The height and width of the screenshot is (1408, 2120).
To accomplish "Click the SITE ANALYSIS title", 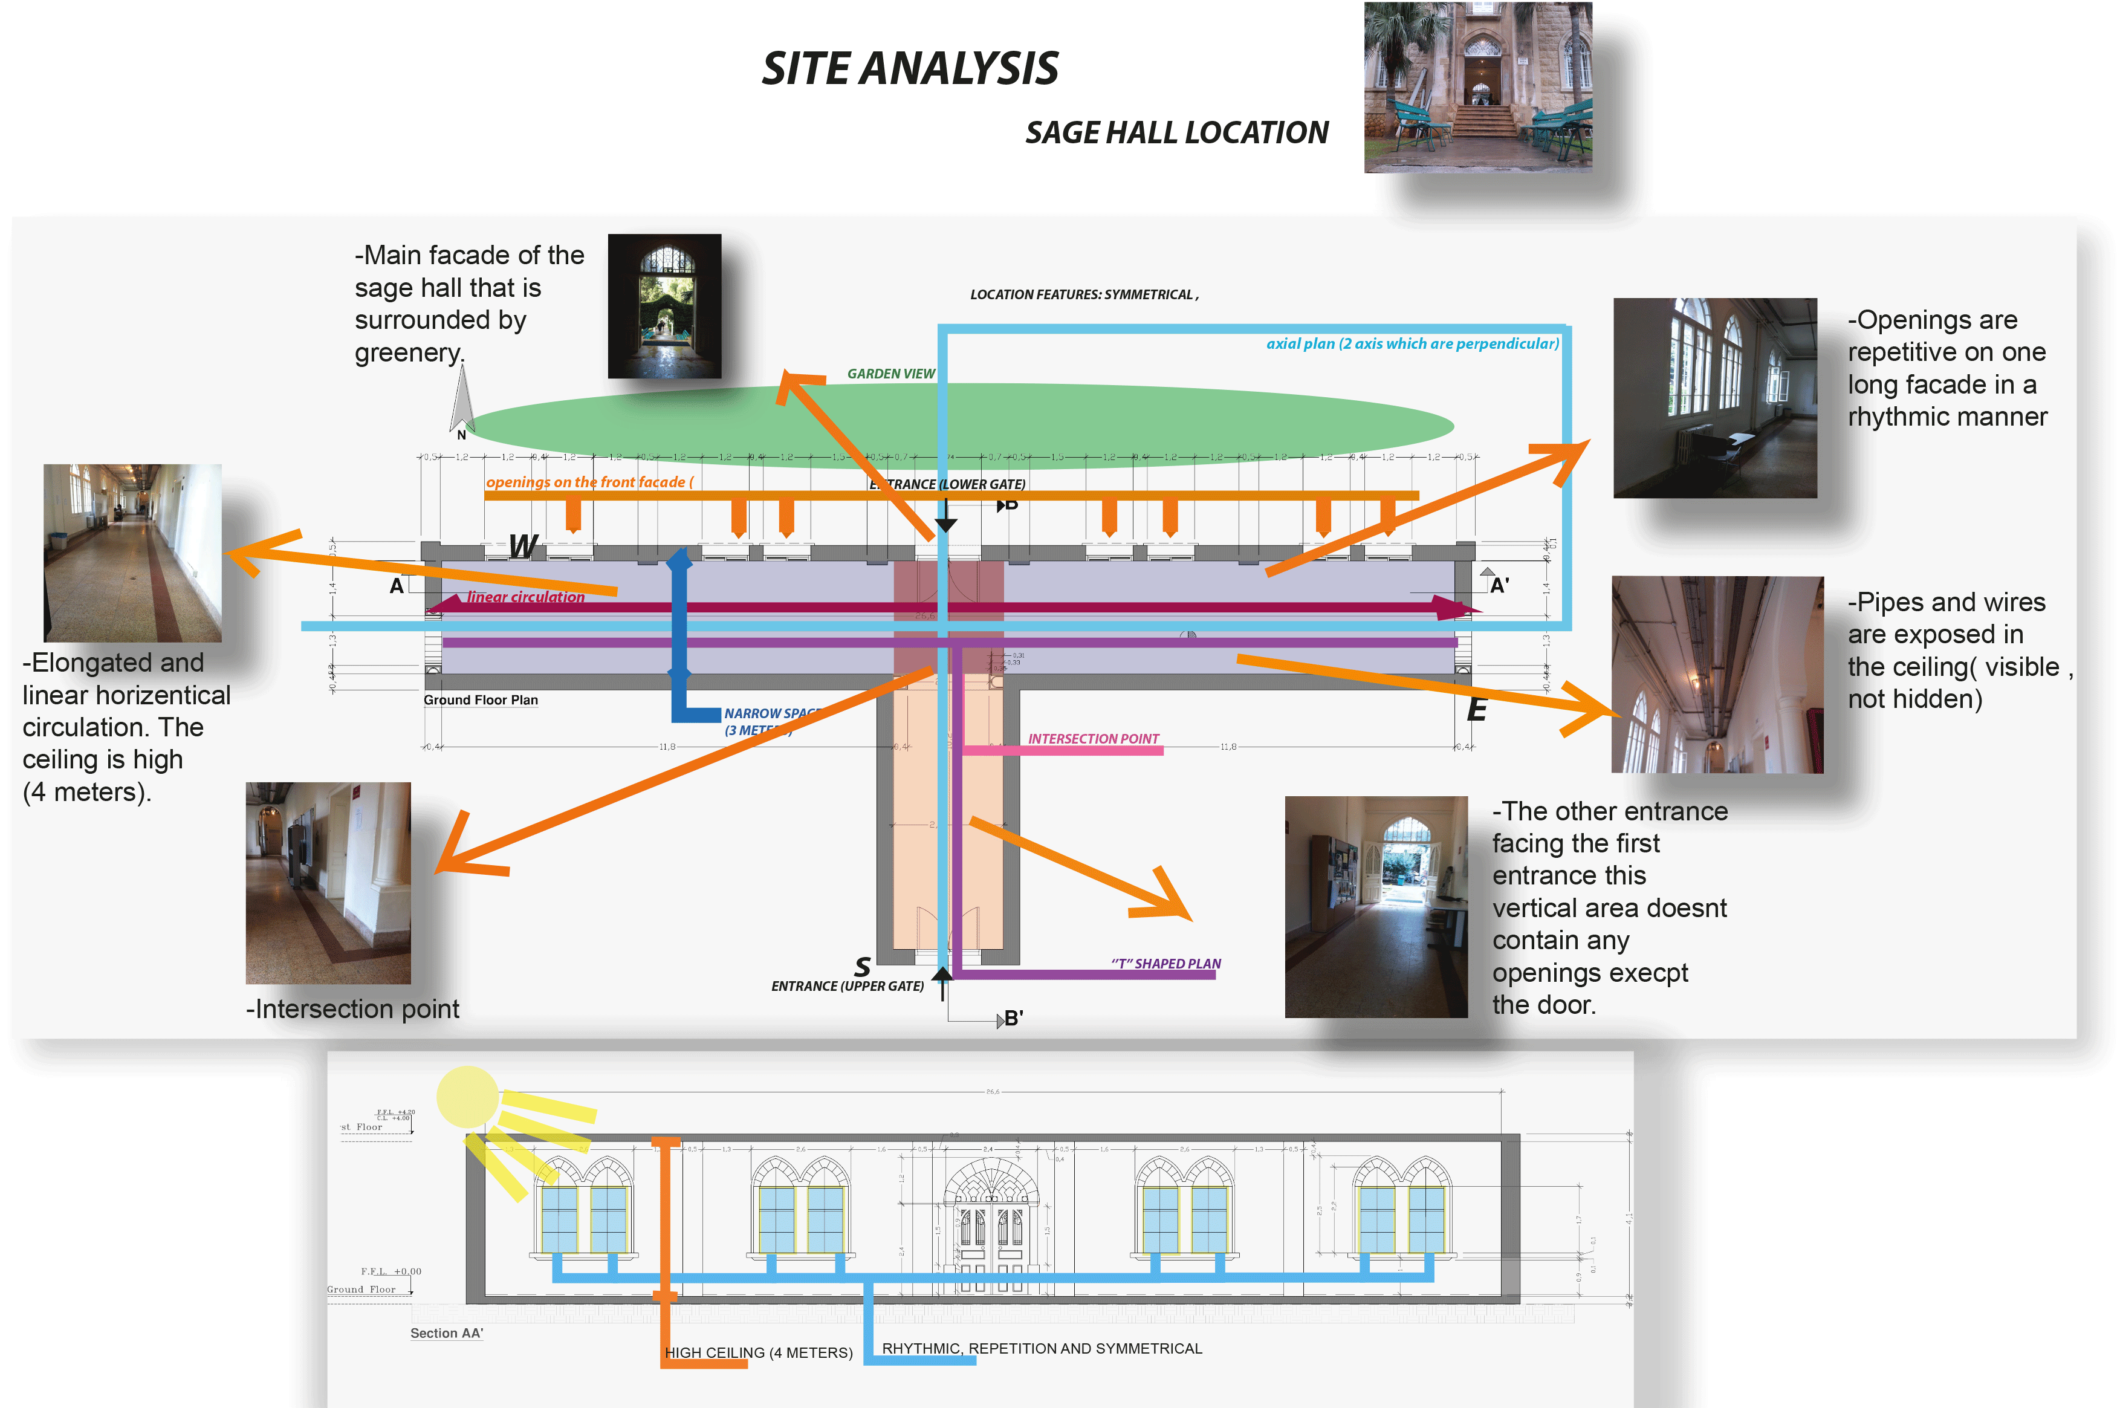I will (x=910, y=69).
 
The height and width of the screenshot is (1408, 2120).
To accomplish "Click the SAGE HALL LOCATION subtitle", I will (x=1176, y=133).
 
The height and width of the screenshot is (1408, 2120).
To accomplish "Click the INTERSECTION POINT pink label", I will (x=1093, y=739).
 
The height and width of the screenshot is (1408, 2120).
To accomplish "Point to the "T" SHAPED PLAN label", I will (x=1165, y=964).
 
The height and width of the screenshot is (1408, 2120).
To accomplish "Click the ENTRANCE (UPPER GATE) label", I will (x=847, y=986).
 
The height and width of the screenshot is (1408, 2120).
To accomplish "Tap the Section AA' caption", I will (x=446, y=1334).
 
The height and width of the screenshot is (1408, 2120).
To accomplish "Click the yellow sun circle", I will (x=467, y=1097).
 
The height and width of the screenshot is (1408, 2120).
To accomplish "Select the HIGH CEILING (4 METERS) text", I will (x=758, y=1352).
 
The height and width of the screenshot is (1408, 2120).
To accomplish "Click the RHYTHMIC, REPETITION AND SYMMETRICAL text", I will (x=1042, y=1349).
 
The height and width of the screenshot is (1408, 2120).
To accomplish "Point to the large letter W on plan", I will (x=522, y=546).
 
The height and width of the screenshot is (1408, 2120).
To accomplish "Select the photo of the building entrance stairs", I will (x=1477, y=87).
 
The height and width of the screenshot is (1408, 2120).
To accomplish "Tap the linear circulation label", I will (x=525, y=597).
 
